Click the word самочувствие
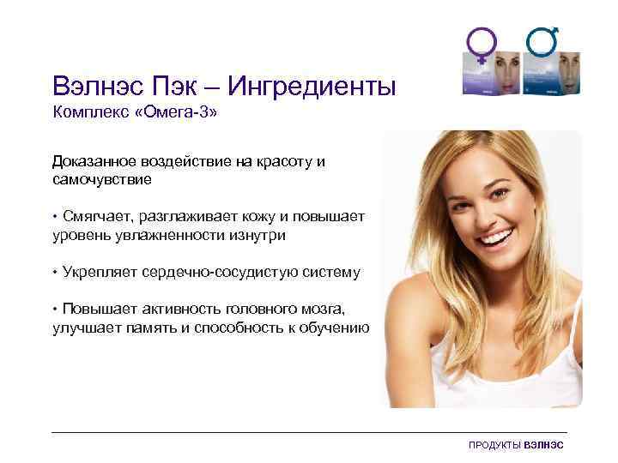click(x=102, y=179)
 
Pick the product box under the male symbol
click(x=554, y=78)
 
